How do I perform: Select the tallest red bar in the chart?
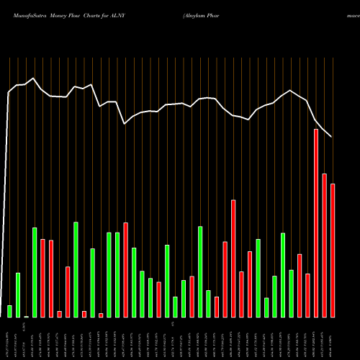tap(316, 223)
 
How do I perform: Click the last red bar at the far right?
tap(333, 251)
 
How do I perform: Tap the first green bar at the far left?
tap(9, 311)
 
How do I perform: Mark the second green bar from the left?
tap(18, 295)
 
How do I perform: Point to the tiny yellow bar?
tap(26, 316)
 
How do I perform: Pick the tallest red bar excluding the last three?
tap(233, 258)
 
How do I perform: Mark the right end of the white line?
tap(331, 136)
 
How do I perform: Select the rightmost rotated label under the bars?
tap(332, 338)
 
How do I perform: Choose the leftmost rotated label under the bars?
tap(9, 338)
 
